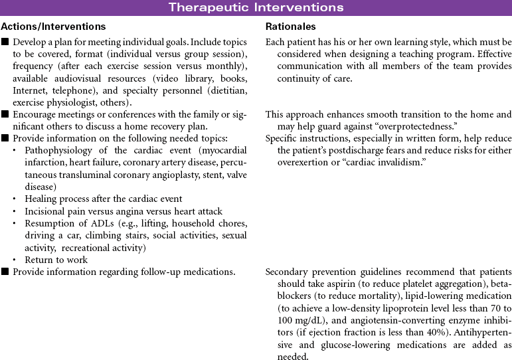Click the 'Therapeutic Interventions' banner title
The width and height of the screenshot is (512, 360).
tap(256, 8)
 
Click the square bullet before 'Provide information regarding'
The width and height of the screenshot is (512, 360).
tap(5, 272)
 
